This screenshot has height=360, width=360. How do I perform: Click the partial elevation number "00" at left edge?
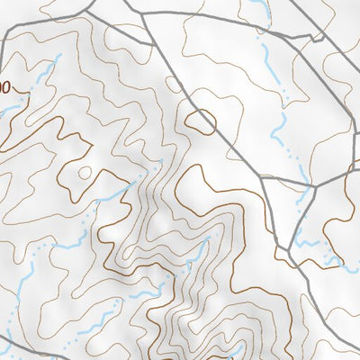point(4,88)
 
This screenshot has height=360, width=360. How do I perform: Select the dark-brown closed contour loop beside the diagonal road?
point(201,121)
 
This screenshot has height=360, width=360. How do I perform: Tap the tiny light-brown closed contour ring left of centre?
point(84,172)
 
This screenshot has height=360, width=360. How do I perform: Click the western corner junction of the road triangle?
point(261,175)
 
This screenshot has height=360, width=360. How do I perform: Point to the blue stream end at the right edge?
point(353,266)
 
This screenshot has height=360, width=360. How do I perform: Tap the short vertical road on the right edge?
point(357,144)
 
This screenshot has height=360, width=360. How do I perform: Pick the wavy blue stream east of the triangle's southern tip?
point(310,243)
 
